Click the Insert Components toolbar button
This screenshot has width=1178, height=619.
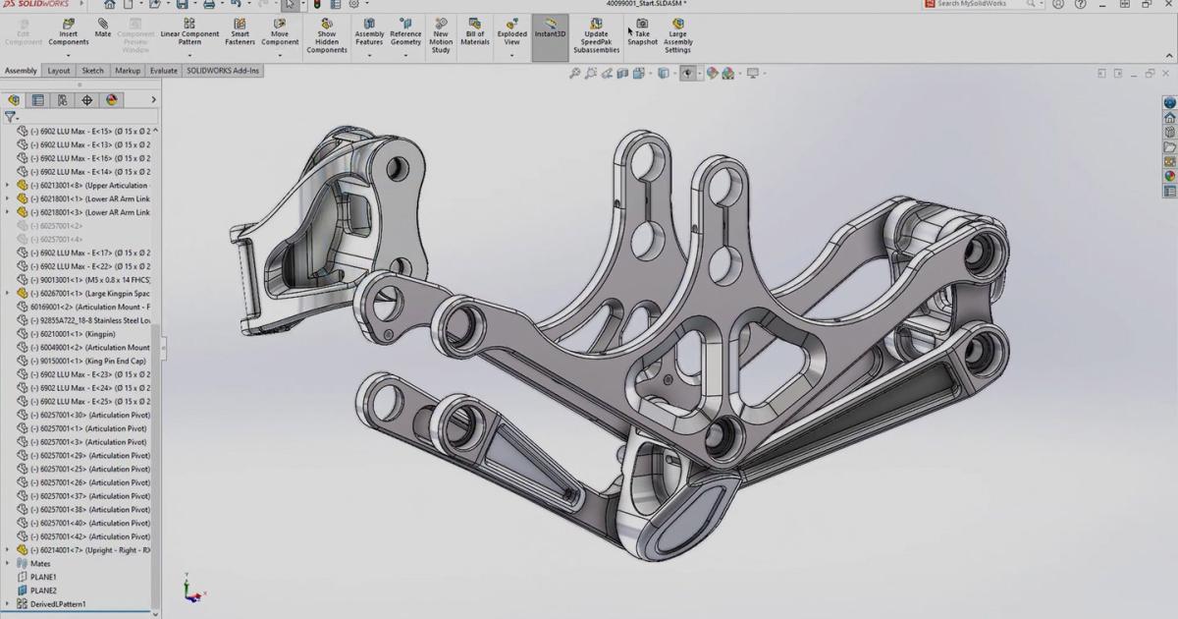(68, 31)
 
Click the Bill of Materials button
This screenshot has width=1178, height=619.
(475, 31)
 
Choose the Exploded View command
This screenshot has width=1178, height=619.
(511, 31)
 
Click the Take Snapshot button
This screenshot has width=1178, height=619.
(642, 31)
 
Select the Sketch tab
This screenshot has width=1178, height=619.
(92, 71)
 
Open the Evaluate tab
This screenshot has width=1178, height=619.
(164, 71)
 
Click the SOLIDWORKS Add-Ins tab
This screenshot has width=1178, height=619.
(224, 71)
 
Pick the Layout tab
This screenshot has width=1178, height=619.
(59, 71)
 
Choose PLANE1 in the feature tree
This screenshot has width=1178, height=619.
(43, 577)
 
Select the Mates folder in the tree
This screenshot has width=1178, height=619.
(40, 564)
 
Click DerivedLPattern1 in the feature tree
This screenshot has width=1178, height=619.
(58, 604)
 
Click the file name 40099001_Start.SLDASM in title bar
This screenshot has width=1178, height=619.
(645, 4)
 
